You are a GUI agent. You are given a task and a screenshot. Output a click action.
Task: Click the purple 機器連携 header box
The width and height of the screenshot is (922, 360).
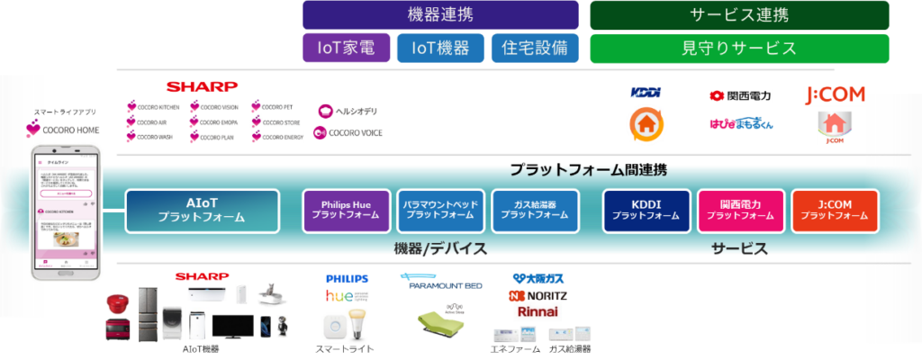point(440,15)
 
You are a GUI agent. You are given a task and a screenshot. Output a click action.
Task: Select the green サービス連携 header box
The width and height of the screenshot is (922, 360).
point(739,15)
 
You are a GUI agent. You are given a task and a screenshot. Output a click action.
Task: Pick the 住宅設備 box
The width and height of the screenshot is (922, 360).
point(535,48)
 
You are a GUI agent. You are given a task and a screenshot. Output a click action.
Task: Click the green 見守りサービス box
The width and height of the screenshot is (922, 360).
point(739,48)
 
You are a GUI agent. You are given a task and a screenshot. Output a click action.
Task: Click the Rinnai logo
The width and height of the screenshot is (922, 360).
point(538,312)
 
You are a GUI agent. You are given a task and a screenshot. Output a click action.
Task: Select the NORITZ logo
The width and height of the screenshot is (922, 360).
point(538,295)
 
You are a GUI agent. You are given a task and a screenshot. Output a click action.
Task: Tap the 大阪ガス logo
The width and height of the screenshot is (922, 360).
point(538,279)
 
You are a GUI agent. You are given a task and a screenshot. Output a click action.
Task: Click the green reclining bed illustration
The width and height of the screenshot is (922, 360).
point(441,319)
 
